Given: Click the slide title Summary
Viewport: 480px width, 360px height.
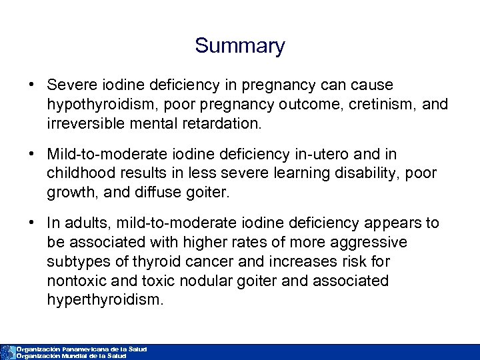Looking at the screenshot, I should click(240, 46).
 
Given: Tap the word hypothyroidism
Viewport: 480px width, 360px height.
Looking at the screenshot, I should click(96, 105).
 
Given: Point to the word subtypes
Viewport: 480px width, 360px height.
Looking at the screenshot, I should click(77, 261).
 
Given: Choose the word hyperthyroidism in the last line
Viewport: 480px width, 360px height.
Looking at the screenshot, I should click(105, 299).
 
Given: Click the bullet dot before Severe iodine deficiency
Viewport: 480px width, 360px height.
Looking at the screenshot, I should click(31, 85).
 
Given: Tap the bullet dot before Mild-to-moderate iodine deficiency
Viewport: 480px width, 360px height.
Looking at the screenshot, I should click(31, 155).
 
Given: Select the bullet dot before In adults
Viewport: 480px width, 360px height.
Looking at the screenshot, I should click(31, 223).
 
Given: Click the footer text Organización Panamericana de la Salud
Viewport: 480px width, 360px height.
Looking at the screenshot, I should click(81, 349).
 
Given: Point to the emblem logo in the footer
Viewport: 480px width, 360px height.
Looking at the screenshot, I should click(7, 352).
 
